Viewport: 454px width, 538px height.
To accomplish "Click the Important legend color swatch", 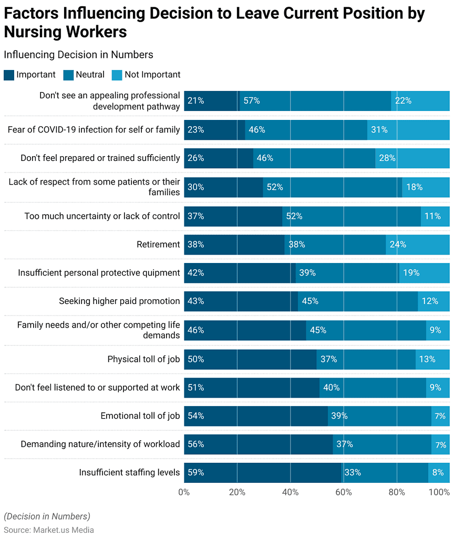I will [x=9, y=75].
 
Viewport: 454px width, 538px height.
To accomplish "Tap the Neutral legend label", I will [x=90, y=75].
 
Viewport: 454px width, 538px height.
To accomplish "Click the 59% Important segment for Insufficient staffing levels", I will [x=263, y=472].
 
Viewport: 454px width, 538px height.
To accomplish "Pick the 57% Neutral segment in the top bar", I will [x=314, y=101].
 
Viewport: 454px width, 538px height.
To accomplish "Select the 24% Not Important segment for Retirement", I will [x=418, y=244].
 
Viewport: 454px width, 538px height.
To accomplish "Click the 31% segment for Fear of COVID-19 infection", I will [x=408, y=129].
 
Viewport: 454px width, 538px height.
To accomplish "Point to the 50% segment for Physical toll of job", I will [x=250, y=359].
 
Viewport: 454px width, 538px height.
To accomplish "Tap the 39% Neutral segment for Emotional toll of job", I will [x=379, y=415].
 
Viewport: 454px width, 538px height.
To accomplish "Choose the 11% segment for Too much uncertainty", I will [x=435, y=216].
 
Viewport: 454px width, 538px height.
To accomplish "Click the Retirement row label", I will [x=158, y=244].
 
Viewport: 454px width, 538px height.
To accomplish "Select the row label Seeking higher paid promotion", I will [x=119, y=301].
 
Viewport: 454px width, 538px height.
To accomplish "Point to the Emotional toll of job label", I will [x=140, y=415].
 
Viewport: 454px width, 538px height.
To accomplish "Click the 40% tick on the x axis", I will [x=290, y=492].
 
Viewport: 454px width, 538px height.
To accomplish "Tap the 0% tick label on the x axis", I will [x=184, y=492].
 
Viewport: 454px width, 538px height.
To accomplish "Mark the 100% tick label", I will [x=439, y=492].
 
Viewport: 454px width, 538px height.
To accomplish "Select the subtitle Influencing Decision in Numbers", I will [x=78, y=55].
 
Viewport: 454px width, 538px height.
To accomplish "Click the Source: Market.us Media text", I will [x=49, y=530].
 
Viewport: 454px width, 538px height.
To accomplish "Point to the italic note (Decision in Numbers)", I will [x=47, y=516].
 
